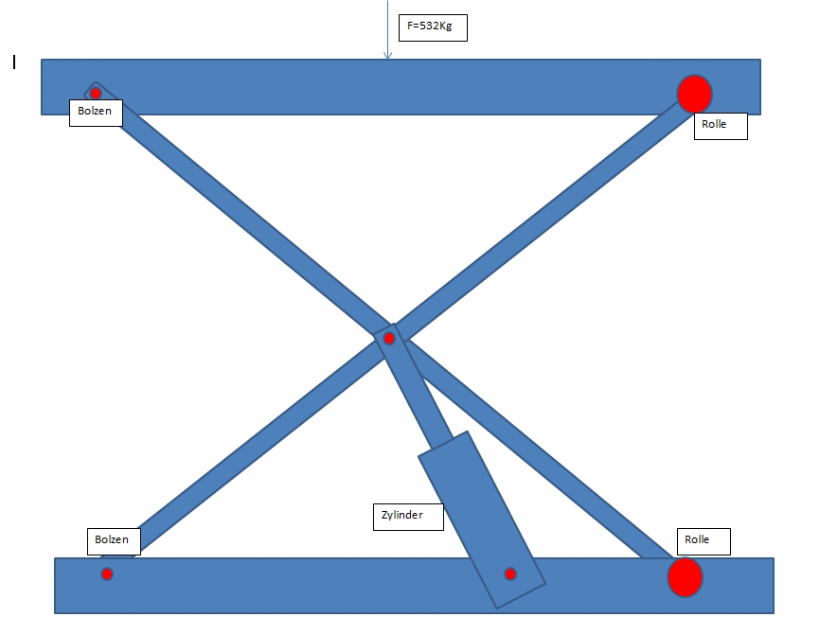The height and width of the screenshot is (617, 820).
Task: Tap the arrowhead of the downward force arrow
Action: click(387, 56)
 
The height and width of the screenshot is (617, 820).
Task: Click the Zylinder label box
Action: click(408, 518)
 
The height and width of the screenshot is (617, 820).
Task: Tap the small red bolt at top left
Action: click(96, 94)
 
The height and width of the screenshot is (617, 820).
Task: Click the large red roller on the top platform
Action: click(694, 94)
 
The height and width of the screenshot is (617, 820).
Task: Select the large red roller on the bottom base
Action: click(686, 577)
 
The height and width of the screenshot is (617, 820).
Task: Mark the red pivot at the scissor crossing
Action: click(388, 339)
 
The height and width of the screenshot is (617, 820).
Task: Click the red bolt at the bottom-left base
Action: click(107, 574)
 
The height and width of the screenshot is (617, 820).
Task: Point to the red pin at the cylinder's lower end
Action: click(510, 574)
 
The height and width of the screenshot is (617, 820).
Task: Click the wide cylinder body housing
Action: click(482, 520)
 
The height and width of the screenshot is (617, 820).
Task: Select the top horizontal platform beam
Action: click(401, 87)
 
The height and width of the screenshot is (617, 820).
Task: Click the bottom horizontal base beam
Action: click(414, 586)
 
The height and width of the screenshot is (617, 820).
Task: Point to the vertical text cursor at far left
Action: click(14, 62)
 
